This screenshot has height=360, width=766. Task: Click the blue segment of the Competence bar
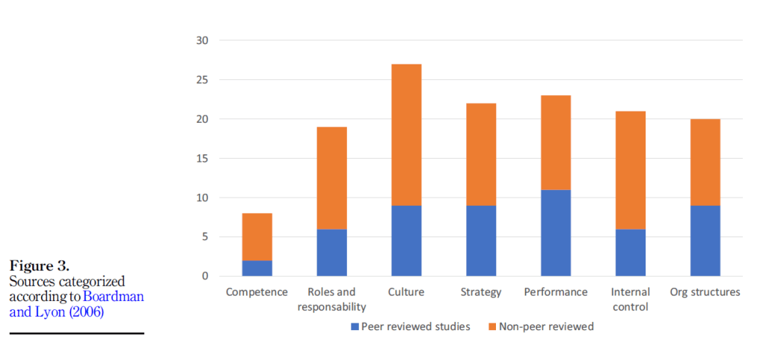point(257,268)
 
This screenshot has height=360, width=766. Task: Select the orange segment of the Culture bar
point(406,135)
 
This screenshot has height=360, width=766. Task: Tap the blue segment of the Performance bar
point(556,233)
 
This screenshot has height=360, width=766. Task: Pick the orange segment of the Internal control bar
point(631,170)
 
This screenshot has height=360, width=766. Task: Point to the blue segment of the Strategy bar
point(481,240)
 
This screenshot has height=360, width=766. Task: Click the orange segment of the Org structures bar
point(705,162)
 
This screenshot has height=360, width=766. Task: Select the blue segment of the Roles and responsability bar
point(331,252)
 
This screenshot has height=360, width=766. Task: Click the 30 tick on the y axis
point(203,40)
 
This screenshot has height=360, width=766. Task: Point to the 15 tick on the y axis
point(203,159)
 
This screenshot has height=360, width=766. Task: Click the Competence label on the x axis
point(257,292)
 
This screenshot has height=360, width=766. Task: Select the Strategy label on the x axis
point(481,292)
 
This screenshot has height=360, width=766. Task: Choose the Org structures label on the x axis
point(705,292)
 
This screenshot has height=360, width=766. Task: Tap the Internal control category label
point(631,299)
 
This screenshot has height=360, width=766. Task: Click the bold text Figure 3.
point(40,266)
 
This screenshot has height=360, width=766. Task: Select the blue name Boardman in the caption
point(113,296)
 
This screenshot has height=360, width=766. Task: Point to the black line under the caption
point(76,333)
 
